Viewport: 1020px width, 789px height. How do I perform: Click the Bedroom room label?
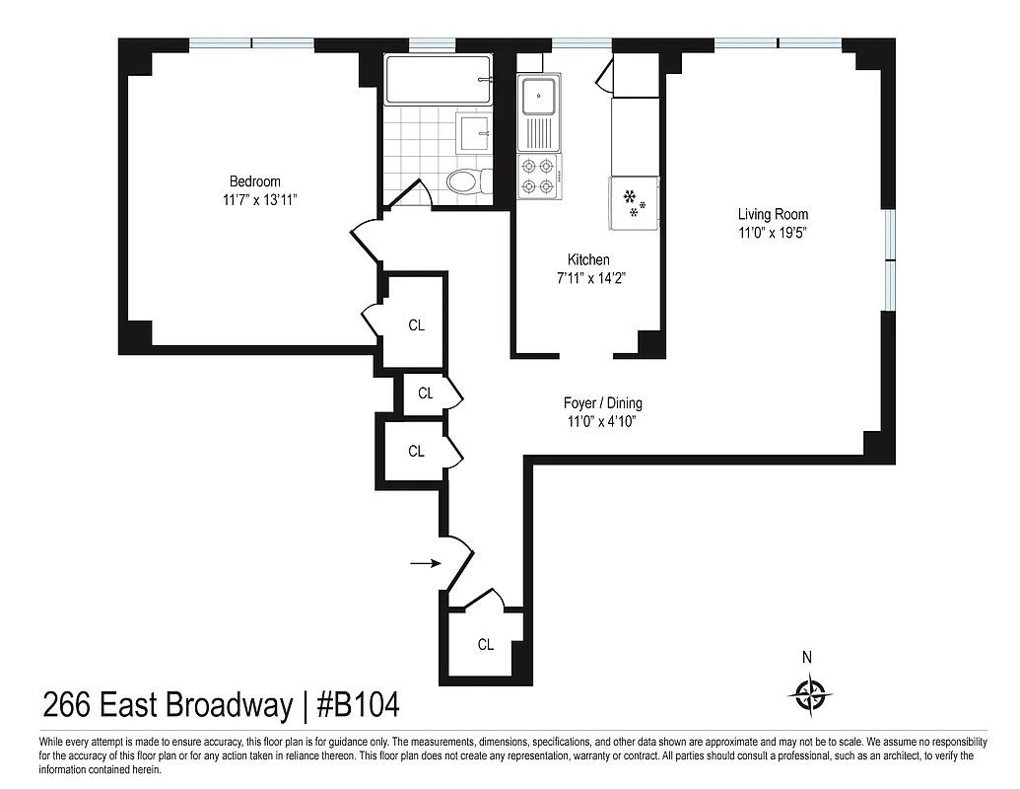[x=254, y=181]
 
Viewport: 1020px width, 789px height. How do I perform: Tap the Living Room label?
[x=773, y=215]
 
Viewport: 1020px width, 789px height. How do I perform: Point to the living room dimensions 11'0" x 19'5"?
[x=773, y=233]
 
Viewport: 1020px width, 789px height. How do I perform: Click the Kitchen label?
[x=588, y=260]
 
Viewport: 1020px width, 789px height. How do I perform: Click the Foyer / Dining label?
[x=602, y=403]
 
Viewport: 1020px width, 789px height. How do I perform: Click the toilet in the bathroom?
[x=464, y=181]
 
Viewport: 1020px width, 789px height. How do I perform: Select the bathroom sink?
[x=474, y=130]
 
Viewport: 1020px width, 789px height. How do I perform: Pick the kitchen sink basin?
[x=539, y=97]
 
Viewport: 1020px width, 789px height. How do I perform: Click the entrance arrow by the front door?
[x=425, y=563]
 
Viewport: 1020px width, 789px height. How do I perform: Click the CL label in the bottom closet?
[x=485, y=645]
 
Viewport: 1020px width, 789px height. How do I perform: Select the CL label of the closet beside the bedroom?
[x=416, y=325]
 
